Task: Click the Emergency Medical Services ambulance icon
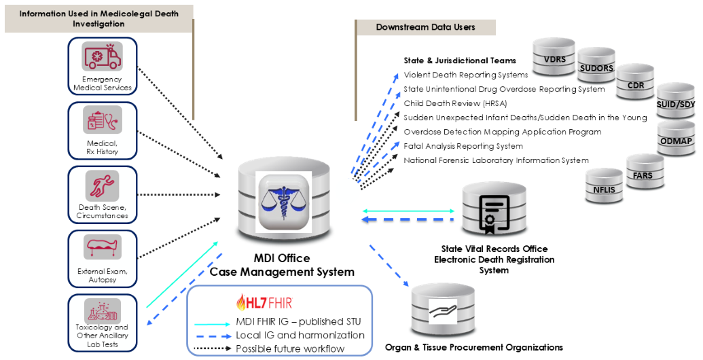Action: pyautogui.click(x=102, y=56)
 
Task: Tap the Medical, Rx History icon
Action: pyautogui.click(x=102, y=120)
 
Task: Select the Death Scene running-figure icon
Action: pyautogui.click(x=102, y=185)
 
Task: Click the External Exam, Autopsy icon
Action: pyautogui.click(x=102, y=247)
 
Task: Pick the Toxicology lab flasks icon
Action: pyautogui.click(x=102, y=310)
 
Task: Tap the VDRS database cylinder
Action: pyautogui.click(x=554, y=59)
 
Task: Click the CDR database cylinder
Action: pyautogui.click(x=636, y=86)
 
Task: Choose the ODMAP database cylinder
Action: pyautogui.click(x=676, y=139)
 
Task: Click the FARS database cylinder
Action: pyautogui.click(x=642, y=175)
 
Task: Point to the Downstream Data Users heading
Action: pyautogui.click(x=425, y=27)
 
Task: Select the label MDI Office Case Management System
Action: pyautogui.click(x=282, y=265)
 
